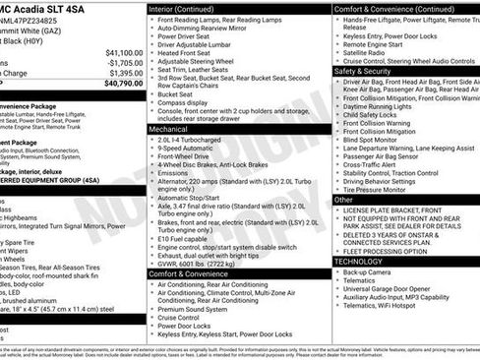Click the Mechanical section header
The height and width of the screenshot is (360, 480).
coord(168,129)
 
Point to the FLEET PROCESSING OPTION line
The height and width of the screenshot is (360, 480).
coord(392,249)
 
